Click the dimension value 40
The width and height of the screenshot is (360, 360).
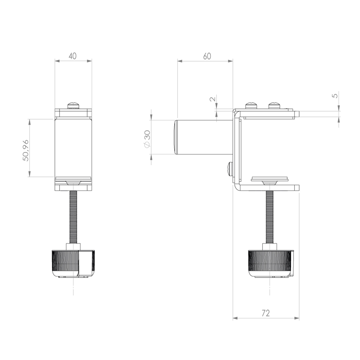point(72,56)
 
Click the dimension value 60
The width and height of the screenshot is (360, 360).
point(207,56)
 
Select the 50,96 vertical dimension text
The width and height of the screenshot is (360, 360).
point(25,150)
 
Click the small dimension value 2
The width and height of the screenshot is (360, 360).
point(212,98)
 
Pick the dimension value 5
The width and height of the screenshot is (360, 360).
point(335,95)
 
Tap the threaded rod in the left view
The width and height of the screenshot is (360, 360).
point(73,216)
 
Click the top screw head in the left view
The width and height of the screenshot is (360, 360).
point(74,105)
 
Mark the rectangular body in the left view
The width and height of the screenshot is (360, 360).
point(73,148)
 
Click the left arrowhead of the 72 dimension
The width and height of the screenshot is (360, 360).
point(236,318)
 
